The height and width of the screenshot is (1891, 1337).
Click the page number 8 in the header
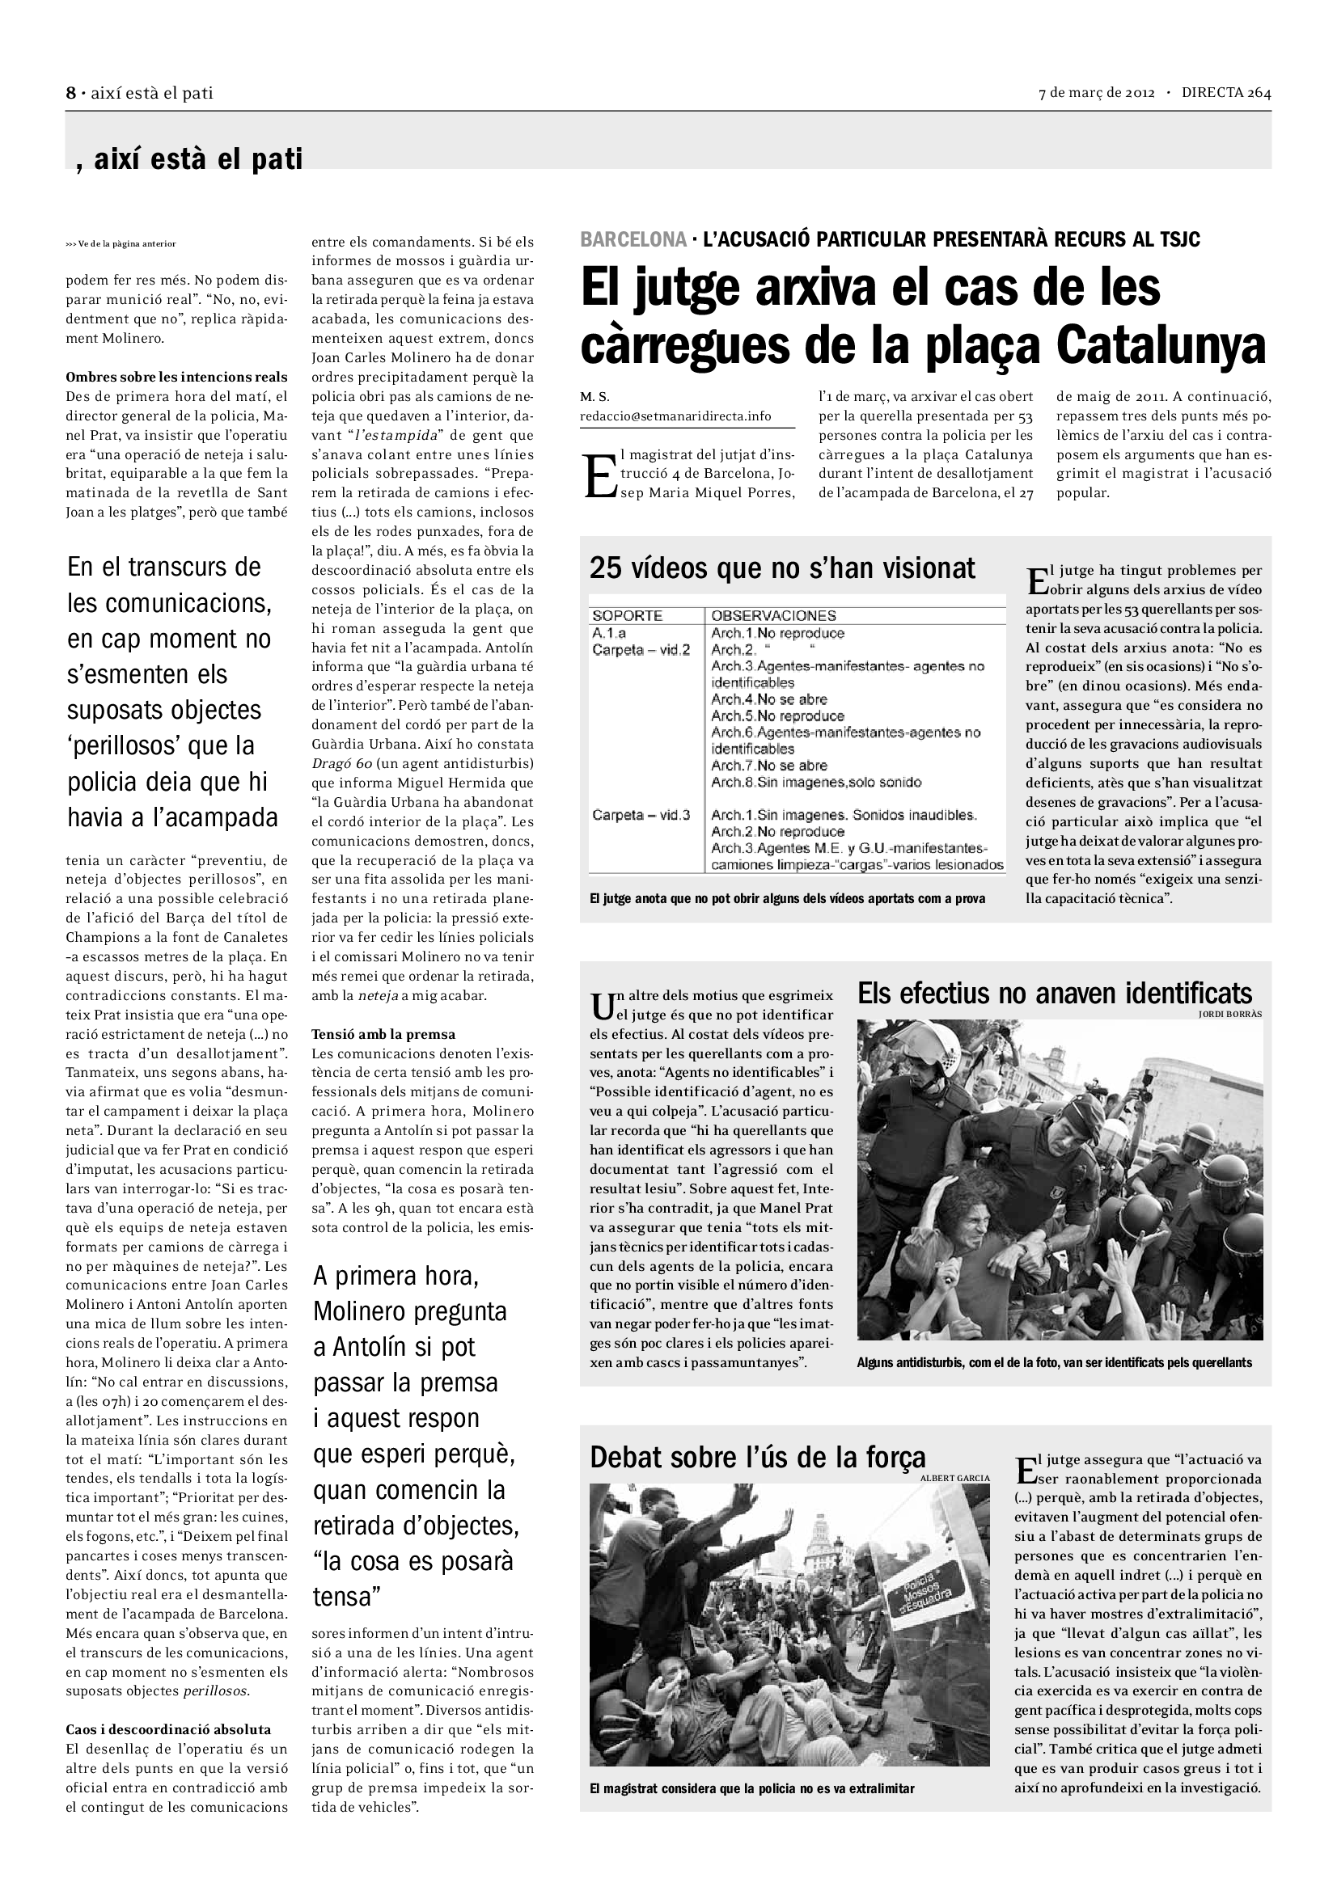71,93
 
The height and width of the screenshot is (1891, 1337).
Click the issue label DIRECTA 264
1226,93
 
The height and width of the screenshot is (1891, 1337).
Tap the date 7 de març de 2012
1097,93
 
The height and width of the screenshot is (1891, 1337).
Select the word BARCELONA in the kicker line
633,239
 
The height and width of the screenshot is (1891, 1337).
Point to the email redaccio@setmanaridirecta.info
675,416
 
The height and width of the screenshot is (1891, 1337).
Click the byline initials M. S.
594,396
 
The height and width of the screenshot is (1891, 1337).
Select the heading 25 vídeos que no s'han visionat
782,568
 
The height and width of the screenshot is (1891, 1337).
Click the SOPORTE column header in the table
627,615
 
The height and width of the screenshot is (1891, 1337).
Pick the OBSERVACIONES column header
773,615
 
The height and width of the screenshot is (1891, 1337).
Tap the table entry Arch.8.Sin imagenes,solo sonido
816,782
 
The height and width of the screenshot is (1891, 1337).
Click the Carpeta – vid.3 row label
641,816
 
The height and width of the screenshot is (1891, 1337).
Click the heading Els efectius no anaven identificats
1055,994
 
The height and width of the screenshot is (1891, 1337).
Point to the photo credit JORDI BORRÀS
1230,1014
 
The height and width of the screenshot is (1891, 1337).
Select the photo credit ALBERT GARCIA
954,1479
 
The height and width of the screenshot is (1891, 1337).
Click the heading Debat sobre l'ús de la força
757,1457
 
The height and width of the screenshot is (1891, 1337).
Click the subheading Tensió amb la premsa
383,1035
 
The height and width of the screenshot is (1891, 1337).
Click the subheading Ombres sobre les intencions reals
176,378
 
